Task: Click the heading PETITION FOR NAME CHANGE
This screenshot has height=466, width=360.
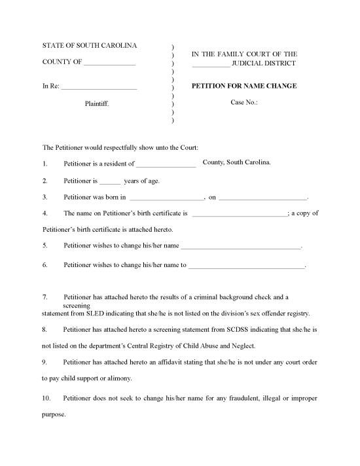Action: click(243, 86)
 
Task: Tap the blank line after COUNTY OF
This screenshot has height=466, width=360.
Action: click(109, 64)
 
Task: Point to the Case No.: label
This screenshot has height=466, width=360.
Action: click(245, 102)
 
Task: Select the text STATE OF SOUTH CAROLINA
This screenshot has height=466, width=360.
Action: click(90, 45)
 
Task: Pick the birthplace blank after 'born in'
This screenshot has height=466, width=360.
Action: click(168, 198)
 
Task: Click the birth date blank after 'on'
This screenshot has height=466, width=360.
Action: click(262, 198)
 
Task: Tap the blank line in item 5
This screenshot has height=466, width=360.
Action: click(240, 247)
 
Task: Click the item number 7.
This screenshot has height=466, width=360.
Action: click(44, 297)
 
